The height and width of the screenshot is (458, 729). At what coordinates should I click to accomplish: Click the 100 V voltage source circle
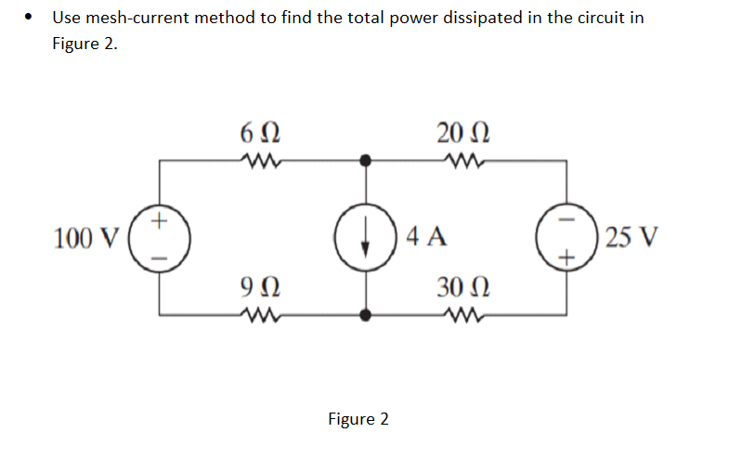[x=160, y=237]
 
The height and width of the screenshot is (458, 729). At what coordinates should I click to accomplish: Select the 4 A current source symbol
[x=366, y=237]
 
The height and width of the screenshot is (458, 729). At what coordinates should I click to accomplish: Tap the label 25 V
[x=631, y=238]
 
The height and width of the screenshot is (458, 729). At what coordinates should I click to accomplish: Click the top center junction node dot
[x=366, y=160]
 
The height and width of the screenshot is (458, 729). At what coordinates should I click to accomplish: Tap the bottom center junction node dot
[x=366, y=315]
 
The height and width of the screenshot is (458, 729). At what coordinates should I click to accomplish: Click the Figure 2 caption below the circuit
[x=358, y=419]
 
